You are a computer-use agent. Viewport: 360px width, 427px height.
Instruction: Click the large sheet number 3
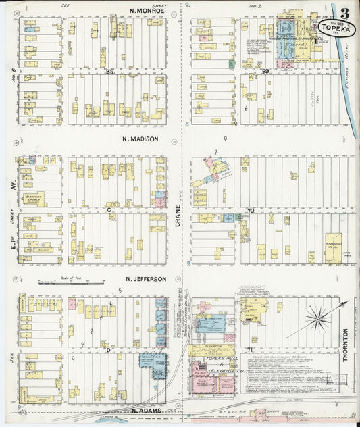[345, 13]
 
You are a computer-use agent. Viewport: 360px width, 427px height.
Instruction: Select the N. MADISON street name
[140, 139]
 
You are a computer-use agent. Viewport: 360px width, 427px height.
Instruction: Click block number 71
[249, 349]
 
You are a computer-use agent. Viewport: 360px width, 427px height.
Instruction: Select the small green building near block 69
[231, 64]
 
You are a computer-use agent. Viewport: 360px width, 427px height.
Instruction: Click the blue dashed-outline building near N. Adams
[153, 366]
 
